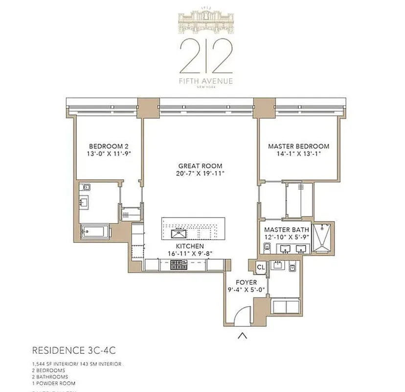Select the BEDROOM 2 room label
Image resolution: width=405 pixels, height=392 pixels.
click(108, 146)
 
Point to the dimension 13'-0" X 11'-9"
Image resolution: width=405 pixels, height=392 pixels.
click(108, 154)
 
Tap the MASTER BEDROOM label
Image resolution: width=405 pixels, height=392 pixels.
click(298, 146)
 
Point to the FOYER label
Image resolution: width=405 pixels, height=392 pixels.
click(247, 282)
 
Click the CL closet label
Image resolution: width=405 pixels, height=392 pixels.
click(261, 267)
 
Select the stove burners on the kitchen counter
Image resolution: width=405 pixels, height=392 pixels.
click(180, 265)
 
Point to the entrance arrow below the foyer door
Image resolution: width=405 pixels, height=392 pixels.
click(242, 336)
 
